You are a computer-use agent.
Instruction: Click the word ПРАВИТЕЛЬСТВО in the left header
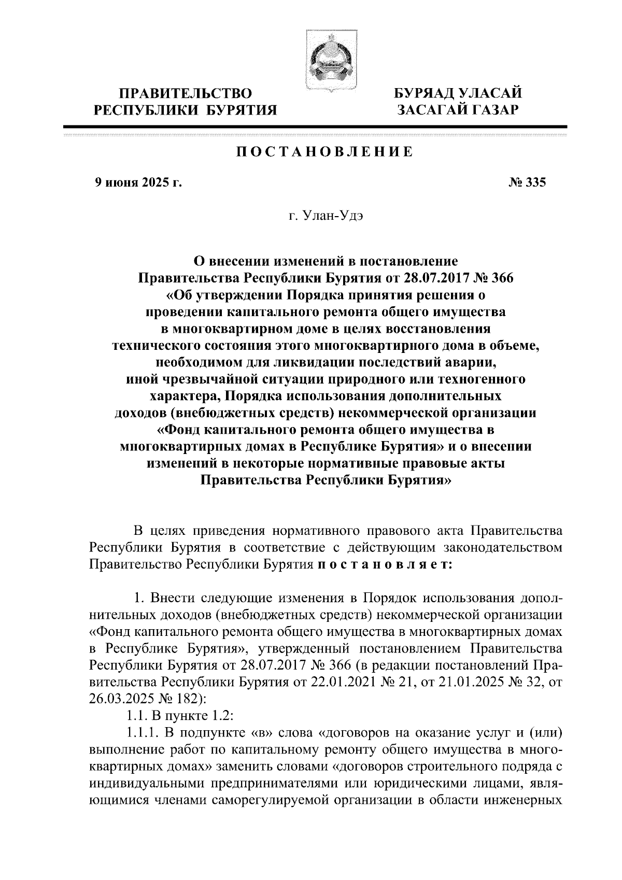coord(186,94)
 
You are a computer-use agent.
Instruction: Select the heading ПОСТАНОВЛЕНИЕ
coord(325,152)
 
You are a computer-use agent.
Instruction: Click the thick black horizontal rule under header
coord(315,127)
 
